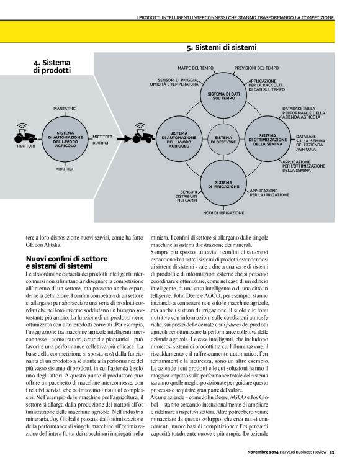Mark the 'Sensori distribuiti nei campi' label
[x=187, y=196]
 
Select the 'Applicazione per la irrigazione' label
[x=269, y=192]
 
